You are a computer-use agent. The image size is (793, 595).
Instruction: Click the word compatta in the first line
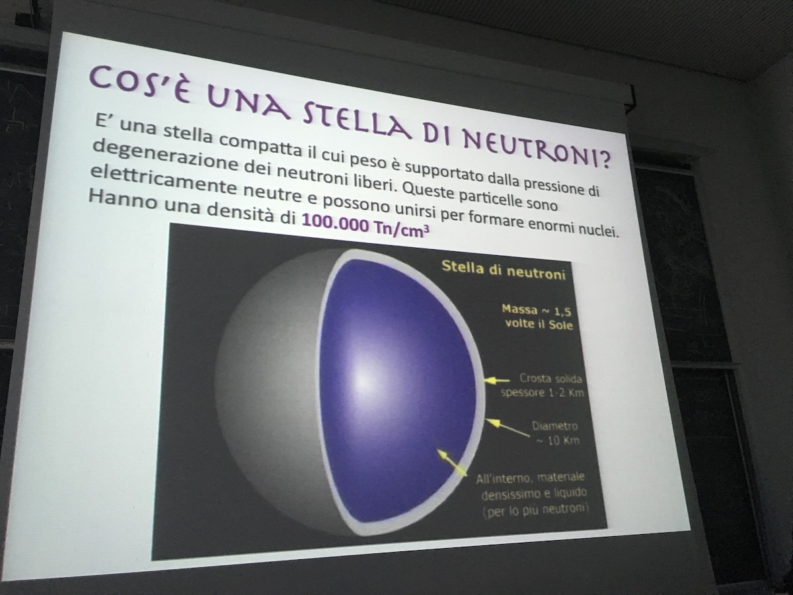[259, 145]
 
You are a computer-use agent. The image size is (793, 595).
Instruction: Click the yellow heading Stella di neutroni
[504, 270]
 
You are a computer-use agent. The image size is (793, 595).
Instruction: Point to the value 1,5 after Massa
[562, 312]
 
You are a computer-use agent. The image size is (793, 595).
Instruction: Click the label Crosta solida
[550, 379]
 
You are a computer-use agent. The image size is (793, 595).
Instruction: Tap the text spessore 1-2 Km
[543, 392]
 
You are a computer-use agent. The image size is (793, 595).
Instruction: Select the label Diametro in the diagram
[554, 426]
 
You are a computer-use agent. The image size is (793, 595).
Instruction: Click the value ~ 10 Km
[558, 440]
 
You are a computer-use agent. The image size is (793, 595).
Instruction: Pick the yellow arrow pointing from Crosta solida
[497, 380]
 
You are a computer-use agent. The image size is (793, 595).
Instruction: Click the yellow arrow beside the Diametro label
[507, 428]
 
